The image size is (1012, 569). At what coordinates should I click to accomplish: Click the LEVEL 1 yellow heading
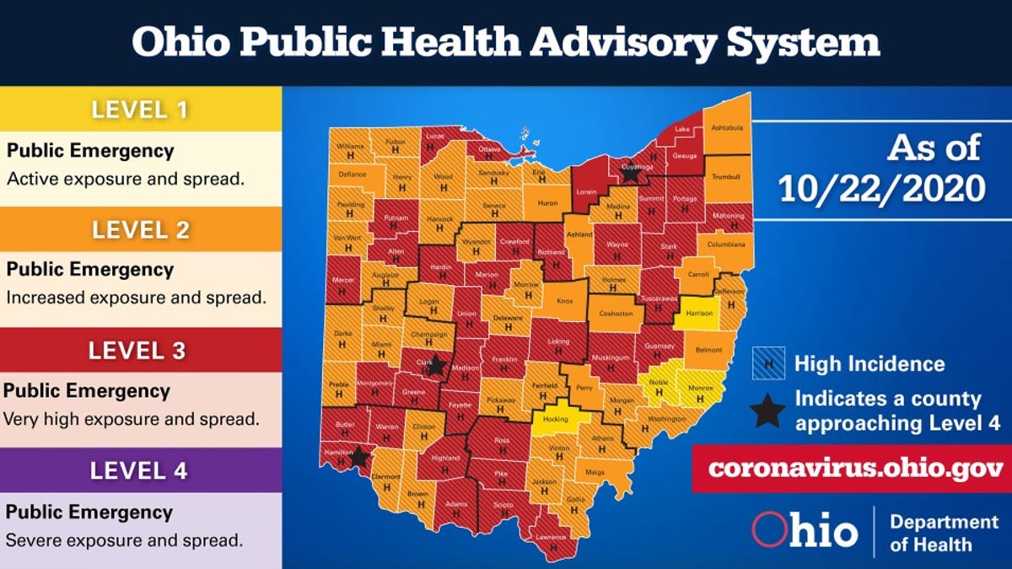point(140,109)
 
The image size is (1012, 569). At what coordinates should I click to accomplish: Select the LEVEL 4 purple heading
point(140,470)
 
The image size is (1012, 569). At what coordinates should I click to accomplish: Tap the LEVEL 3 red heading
point(140,350)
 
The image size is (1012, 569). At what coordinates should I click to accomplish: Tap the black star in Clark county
point(435,366)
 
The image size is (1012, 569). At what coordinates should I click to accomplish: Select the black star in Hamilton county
point(358,457)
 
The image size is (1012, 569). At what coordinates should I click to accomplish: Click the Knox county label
point(564,300)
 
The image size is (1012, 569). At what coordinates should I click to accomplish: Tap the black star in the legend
point(767,411)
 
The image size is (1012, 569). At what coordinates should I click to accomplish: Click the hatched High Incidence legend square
point(768,363)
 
